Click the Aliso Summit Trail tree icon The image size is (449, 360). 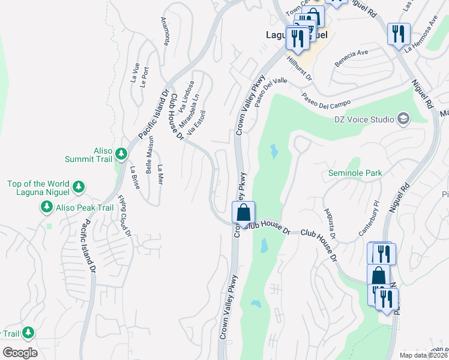tap(121, 154)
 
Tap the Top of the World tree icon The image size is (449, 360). tap(78, 188)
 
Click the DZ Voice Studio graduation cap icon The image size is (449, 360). tap(402, 119)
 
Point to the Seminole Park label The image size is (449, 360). tap(355, 173)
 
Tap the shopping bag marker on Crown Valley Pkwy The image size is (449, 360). tap(243, 213)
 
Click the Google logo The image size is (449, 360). tap(20, 353)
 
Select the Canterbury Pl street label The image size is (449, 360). tap(375, 214)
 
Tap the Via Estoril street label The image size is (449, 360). tap(197, 122)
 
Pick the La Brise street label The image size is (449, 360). tap(134, 178)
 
